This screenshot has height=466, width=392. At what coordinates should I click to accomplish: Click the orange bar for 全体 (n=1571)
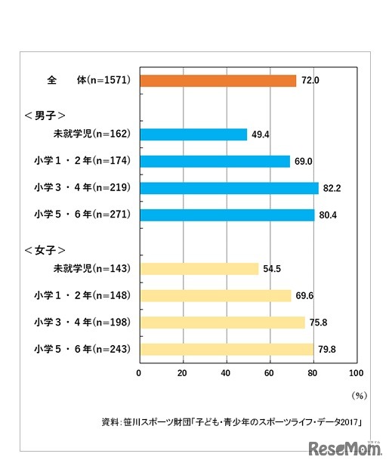pyautogui.click(x=218, y=80)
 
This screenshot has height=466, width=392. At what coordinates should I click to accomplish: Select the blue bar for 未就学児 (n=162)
pyautogui.click(x=193, y=134)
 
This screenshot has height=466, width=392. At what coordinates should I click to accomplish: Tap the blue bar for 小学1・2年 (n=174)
pyautogui.click(x=215, y=161)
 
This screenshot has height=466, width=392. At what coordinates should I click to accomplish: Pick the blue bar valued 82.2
pyautogui.click(x=229, y=188)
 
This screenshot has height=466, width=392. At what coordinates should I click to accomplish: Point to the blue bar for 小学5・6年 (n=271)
pyautogui.click(x=227, y=215)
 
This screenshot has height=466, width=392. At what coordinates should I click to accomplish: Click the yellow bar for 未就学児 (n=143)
pyautogui.click(x=199, y=268)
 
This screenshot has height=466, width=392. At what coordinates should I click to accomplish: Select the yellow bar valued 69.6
pyautogui.click(x=215, y=295)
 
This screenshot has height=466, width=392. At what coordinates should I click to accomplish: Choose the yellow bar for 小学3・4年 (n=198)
pyautogui.click(x=222, y=322)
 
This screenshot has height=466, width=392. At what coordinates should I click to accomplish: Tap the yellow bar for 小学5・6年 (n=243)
pyautogui.click(x=227, y=349)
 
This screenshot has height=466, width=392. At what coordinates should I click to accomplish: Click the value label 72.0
pyautogui.click(x=310, y=80)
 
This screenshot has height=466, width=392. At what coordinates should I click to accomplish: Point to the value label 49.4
pyautogui.click(x=261, y=134)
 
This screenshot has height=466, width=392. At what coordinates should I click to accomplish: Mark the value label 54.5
pyautogui.click(x=272, y=269)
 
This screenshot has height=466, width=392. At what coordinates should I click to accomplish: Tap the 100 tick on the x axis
pyautogui.click(x=357, y=372)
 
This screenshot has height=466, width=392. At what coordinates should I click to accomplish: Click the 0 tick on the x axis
pyautogui.click(x=140, y=372)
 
